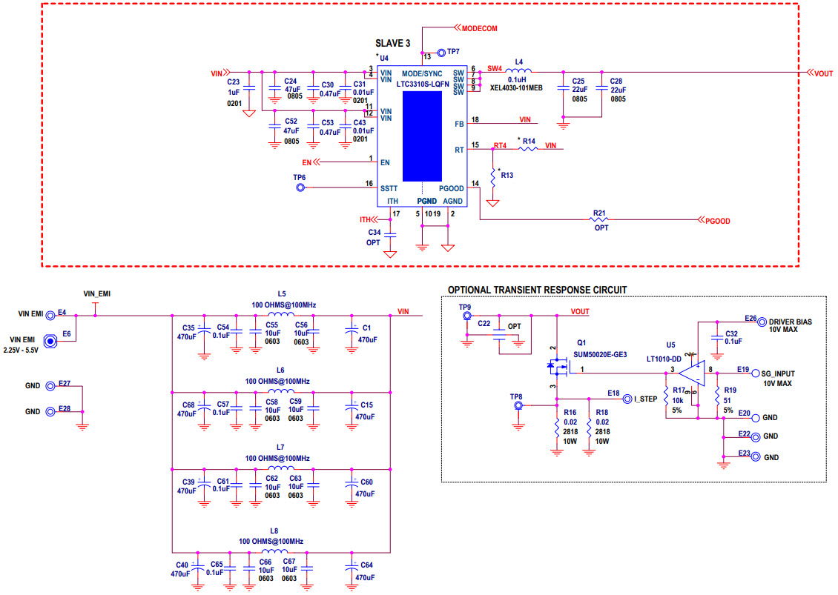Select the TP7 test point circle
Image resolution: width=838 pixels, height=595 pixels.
tap(442, 53)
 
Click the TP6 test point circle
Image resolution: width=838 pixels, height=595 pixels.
tap(301, 188)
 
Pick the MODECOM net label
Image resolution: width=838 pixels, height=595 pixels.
tap(479, 27)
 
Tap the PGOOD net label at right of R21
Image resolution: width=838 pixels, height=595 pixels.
tap(717, 221)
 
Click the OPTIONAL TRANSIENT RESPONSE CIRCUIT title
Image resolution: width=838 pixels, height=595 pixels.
tap(538, 289)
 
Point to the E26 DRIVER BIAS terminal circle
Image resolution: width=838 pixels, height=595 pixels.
tap(762, 321)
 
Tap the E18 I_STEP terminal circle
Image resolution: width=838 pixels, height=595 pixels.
tap(627, 398)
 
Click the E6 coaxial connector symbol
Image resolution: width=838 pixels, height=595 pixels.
tap(50, 342)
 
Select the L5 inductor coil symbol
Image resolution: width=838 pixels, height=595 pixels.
tap(281, 315)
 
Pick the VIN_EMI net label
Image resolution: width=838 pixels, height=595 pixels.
tap(97, 293)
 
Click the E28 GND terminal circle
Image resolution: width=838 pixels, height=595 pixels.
tap(50, 411)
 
